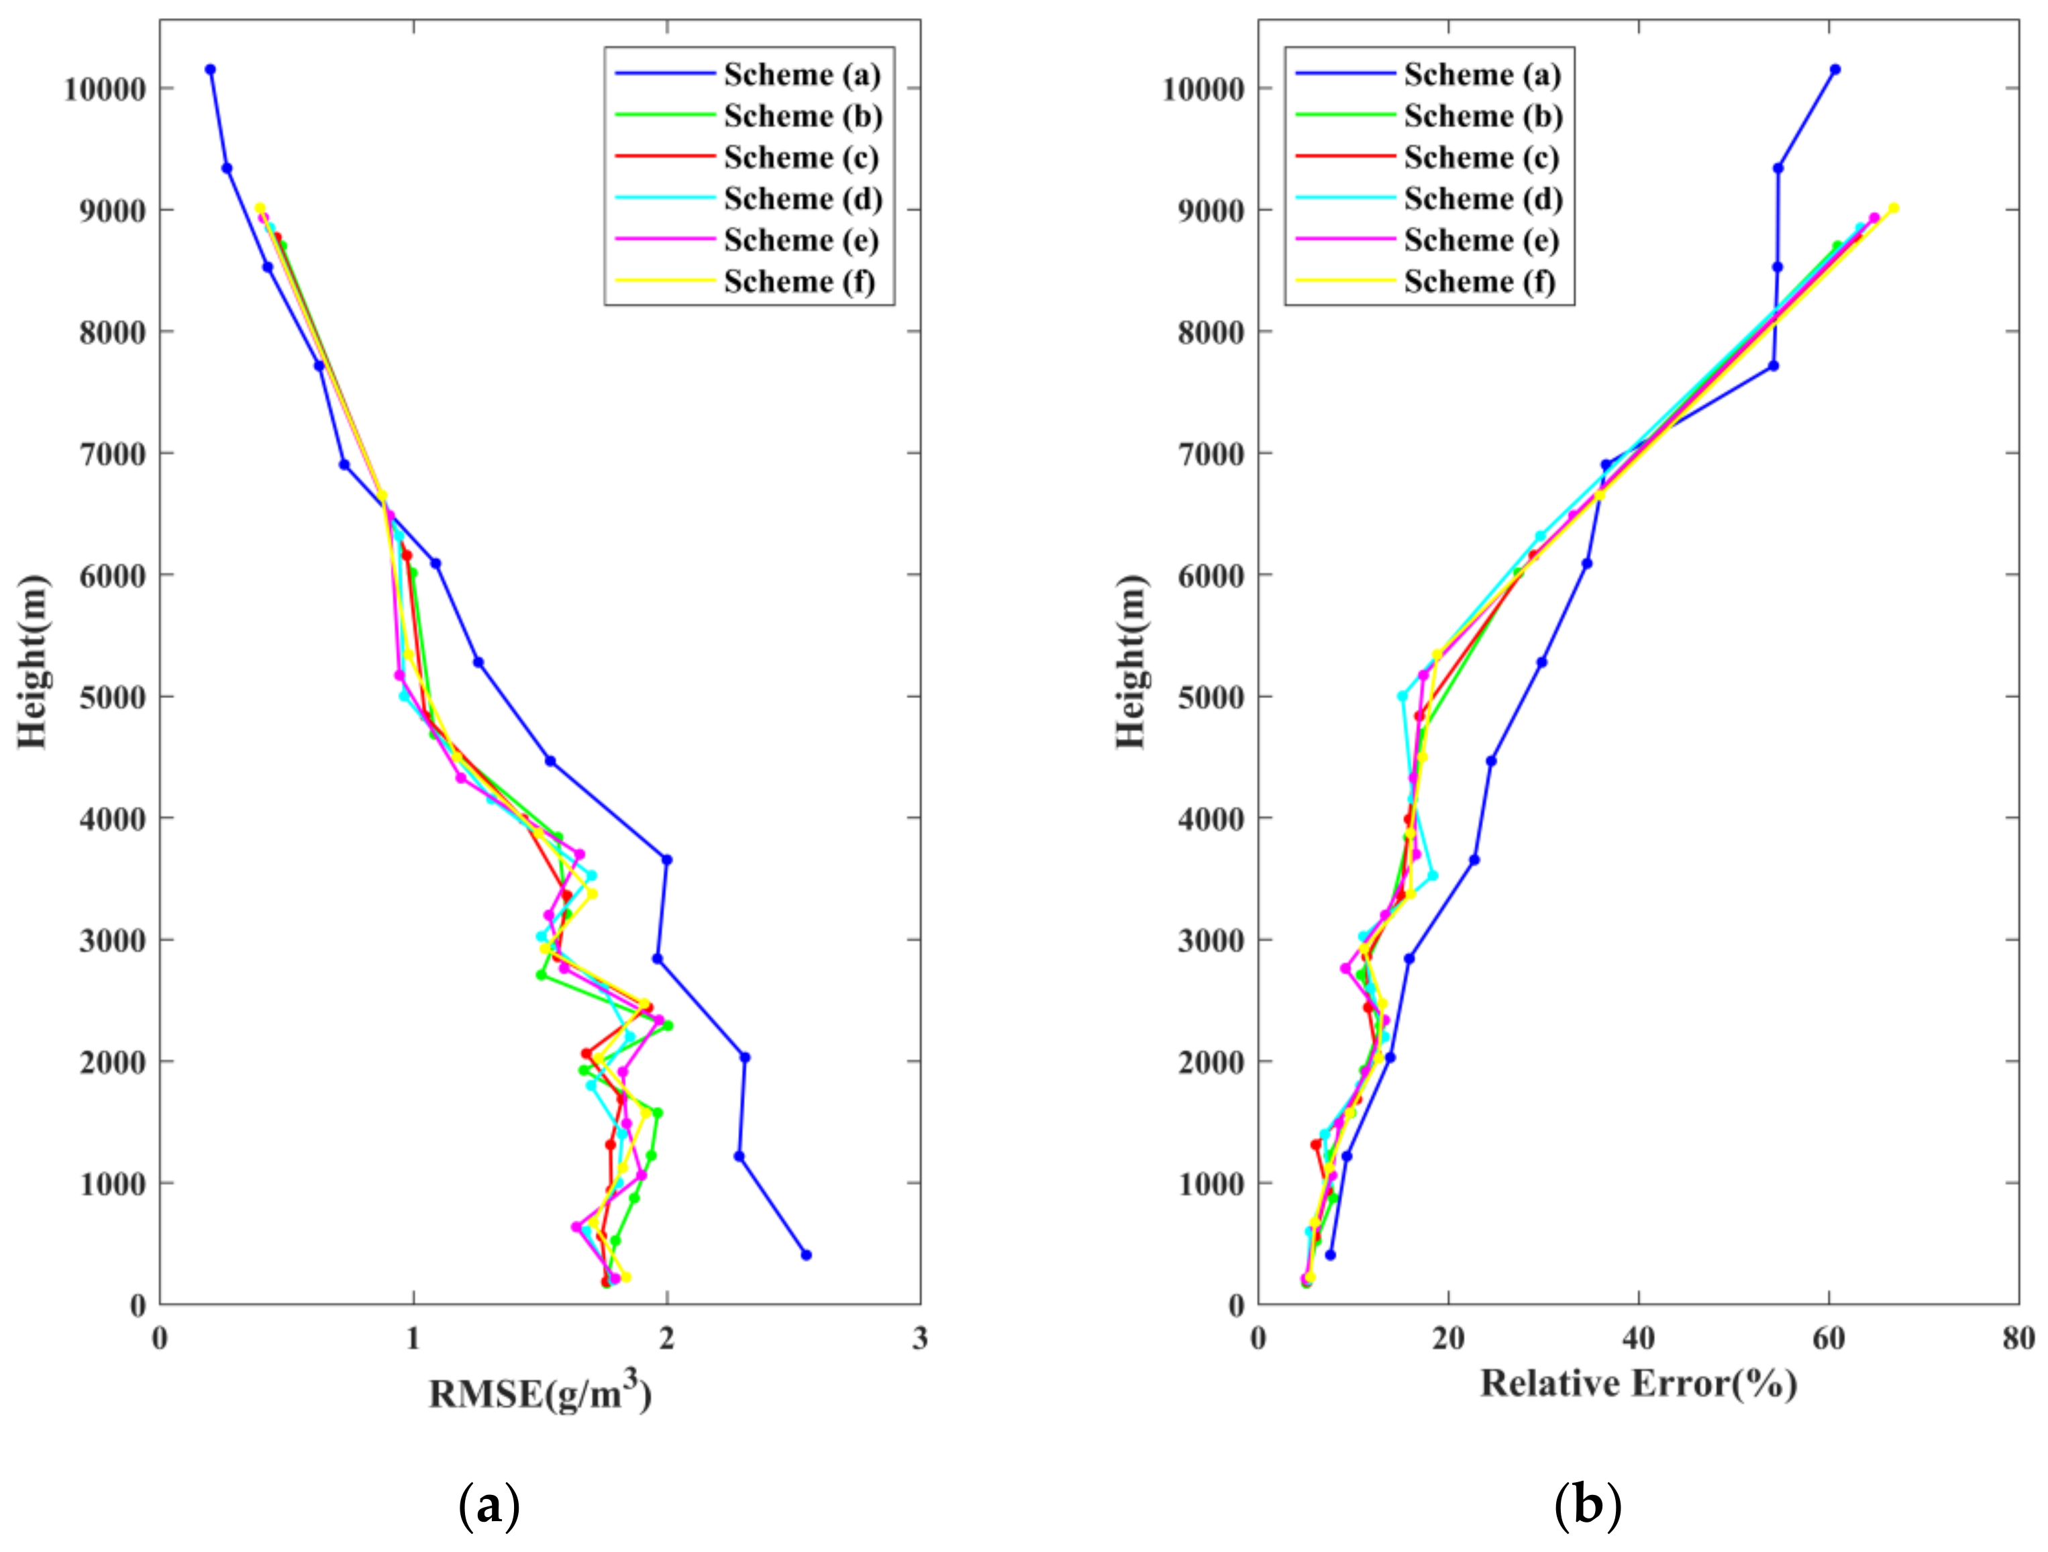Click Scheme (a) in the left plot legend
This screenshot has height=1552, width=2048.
pyautogui.click(x=802, y=75)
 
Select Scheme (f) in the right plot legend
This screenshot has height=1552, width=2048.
pyautogui.click(x=1480, y=281)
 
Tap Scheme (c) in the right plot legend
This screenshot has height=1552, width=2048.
pyautogui.click(x=1482, y=158)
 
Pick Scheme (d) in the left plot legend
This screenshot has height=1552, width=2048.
pyautogui.click(x=803, y=199)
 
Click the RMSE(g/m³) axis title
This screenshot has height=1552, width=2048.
pyautogui.click(x=540, y=1392)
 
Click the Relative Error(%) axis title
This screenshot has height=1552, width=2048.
pyautogui.click(x=1639, y=1384)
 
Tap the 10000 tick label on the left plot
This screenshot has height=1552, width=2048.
pyautogui.click(x=105, y=90)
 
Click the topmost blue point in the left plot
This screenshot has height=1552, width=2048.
pyautogui.click(x=210, y=69)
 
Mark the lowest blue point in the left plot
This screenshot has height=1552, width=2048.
pyautogui.click(x=805, y=1255)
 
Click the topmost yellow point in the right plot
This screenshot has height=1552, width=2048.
pyautogui.click(x=1894, y=208)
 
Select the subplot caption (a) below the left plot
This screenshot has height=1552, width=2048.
pyautogui.click(x=489, y=1506)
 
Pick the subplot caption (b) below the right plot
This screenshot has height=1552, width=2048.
pyautogui.click(x=1587, y=1506)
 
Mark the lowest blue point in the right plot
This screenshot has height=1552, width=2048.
pyautogui.click(x=1331, y=1255)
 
